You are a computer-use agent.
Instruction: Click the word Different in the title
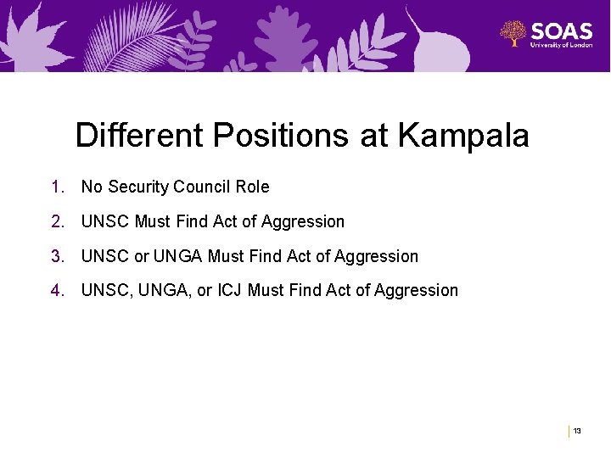point(139,136)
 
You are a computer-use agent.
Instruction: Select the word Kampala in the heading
point(463,136)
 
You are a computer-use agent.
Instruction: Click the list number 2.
point(56,221)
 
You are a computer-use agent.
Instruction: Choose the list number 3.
point(56,256)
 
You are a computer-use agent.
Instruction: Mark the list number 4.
point(56,291)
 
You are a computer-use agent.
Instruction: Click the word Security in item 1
point(137,187)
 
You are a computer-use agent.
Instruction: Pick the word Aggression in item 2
point(303,221)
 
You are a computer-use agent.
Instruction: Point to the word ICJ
point(230,291)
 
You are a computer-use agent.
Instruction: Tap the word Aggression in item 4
point(416,291)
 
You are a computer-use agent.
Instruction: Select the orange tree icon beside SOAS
point(513,34)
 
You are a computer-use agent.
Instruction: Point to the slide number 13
point(577,432)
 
